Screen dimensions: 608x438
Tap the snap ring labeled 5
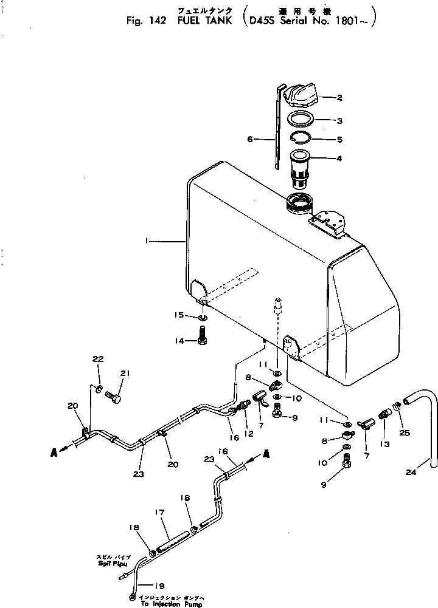point(299,138)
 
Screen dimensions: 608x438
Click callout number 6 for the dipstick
point(250,139)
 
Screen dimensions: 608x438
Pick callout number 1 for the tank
point(147,241)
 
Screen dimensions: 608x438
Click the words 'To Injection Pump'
point(168,604)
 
